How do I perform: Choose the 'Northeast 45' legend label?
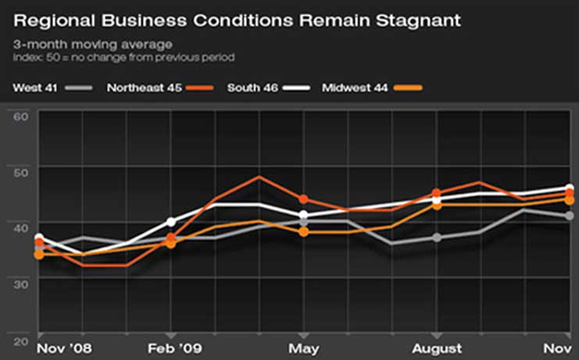[x=144, y=87]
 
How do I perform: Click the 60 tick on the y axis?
[x=21, y=116]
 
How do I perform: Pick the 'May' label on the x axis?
[x=303, y=348]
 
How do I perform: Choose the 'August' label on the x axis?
[x=438, y=348]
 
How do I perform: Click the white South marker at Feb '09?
[x=172, y=222]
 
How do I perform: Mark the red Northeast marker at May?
[x=304, y=199]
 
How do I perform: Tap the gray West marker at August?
[x=438, y=237]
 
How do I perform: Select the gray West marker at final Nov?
[x=570, y=216]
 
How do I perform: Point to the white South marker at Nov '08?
[x=39, y=238]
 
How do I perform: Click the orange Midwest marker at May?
[x=304, y=232]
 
